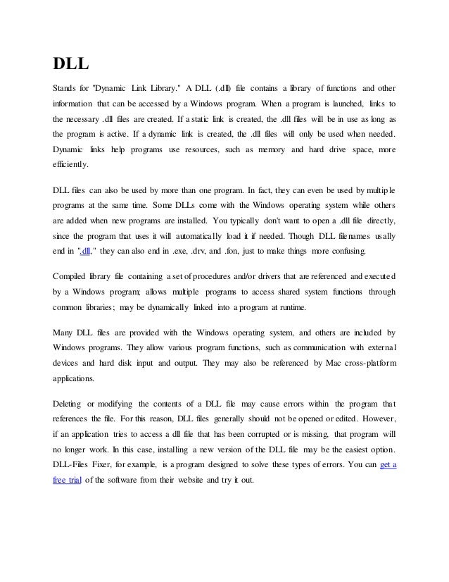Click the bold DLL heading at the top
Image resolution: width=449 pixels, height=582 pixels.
71,64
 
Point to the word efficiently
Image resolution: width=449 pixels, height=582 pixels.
72,165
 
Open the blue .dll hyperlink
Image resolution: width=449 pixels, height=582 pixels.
87,252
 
